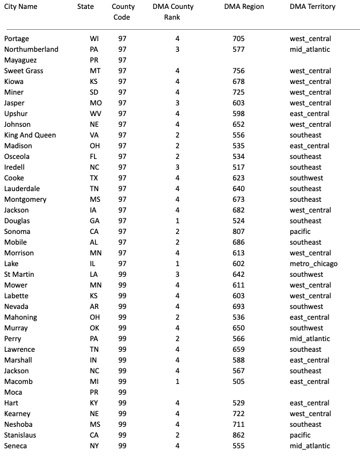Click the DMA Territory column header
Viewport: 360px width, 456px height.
pyautogui.click(x=312, y=7)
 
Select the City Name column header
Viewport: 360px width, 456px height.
pyautogui.click(x=20, y=7)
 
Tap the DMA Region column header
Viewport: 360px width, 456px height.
pyautogui.click(x=244, y=7)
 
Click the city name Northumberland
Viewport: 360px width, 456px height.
pyautogui.click(x=31, y=49)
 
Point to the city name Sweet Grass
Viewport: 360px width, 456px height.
pyautogui.click(x=23, y=71)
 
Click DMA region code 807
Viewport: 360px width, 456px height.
pyautogui.click(x=239, y=232)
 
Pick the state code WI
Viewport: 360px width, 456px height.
pyautogui.click(x=95, y=39)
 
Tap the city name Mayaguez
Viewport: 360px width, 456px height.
pyautogui.click(x=20, y=60)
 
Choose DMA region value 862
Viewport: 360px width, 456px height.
pyautogui.click(x=239, y=435)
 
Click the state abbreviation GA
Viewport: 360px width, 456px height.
pyautogui.click(x=95, y=221)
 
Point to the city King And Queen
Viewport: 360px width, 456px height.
pyautogui.click(x=30, y=135)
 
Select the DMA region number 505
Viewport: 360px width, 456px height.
pyautogui.click(x=239, y=382)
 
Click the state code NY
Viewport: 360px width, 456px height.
pyautogui.click(x=95, y=446)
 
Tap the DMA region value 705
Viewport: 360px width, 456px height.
pyautogui.click(x=239, y=39)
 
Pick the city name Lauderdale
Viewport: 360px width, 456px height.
pyautogui.click(x=22, y=189)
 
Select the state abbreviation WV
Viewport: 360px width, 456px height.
pyautogui.click(x=95, y=114)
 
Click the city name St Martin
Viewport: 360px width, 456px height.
pyautogui.click(x=19, y=274)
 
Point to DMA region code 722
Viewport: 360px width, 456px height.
pyautogui.click(x=239, y=414)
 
